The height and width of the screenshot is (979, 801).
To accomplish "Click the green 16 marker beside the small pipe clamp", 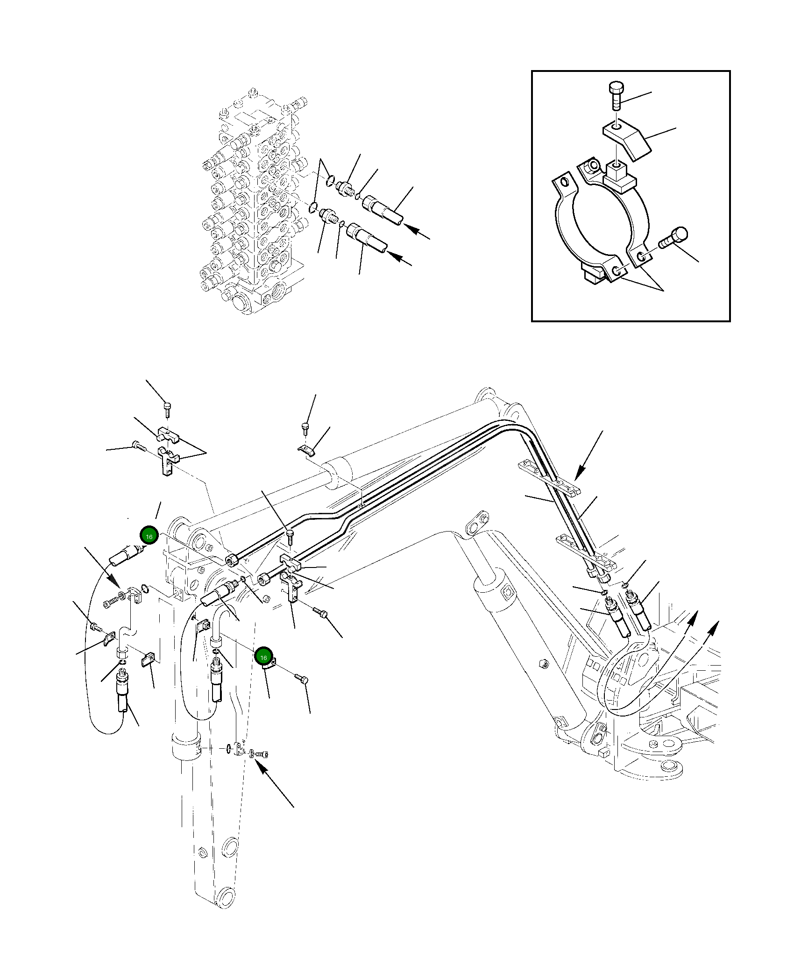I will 263,657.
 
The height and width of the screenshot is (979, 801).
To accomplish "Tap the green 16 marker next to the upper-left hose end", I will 149,537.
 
